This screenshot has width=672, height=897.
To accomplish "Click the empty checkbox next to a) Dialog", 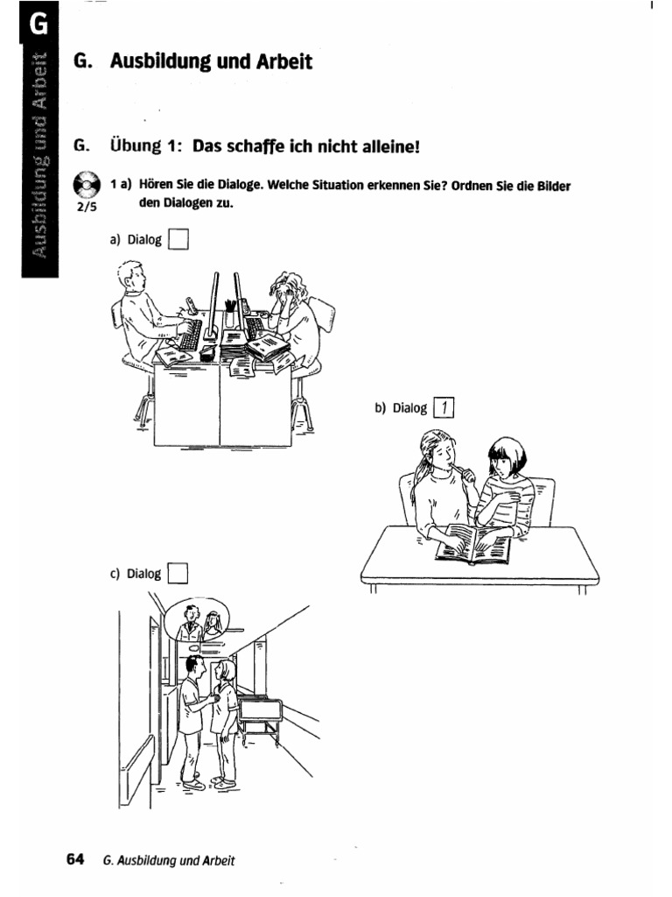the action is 178,239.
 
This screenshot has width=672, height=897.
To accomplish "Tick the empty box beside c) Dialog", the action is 178,573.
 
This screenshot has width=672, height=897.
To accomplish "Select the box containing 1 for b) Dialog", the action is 444,408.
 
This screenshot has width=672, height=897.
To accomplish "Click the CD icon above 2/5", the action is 87,184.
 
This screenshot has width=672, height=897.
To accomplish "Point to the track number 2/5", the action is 87,207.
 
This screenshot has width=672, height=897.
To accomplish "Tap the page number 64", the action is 75,859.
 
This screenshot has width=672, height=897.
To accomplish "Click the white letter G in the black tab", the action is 38,24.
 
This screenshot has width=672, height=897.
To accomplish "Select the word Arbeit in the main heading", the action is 284,61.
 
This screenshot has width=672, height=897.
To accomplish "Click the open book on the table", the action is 473,544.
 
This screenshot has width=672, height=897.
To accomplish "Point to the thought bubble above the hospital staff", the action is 196,622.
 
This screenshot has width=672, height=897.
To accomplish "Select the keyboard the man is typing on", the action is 190,335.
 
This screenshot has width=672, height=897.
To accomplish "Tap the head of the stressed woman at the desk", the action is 289,289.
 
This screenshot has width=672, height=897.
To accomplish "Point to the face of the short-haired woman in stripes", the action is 503,460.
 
